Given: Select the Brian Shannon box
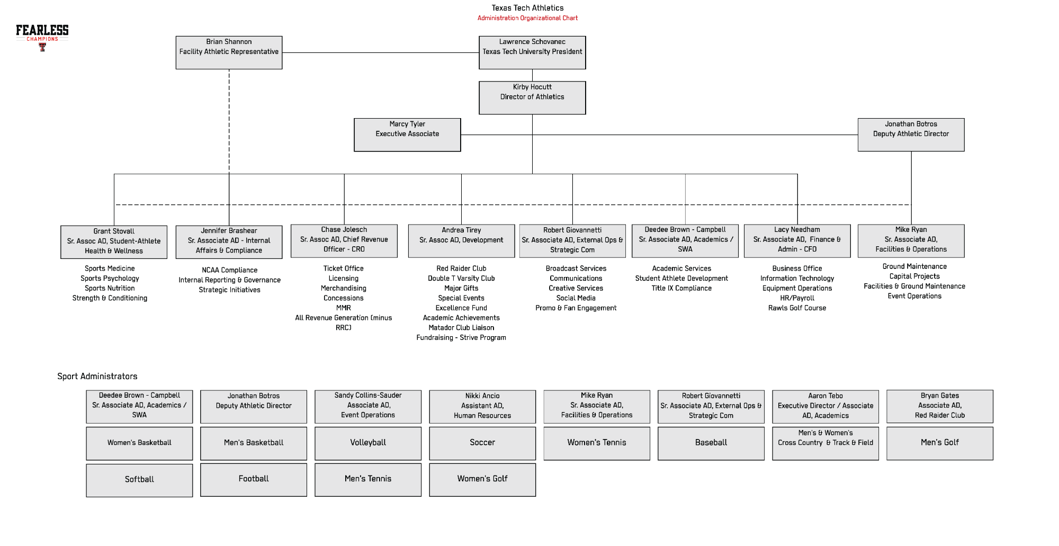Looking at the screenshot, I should coord(229,52).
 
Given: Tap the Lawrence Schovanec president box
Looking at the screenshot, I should coord(532,52).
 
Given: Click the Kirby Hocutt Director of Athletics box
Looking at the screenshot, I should coord(532,97).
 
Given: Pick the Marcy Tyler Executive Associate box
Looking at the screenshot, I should coord(407,135).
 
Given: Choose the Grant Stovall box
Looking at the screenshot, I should coord(114,241).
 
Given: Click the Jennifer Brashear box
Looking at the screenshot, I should coord(229,241).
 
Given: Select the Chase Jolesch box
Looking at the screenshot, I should coord(344,240).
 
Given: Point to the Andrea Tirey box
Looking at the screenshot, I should coord(461,240).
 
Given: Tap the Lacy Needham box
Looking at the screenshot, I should coord(797,240).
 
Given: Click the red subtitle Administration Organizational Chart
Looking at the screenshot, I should coord(527,18).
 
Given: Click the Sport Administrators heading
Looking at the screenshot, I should coord(97,377).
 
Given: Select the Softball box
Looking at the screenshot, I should coord(139,480).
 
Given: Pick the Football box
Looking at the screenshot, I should coord(254,479).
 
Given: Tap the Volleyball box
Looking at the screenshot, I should coord(368,443).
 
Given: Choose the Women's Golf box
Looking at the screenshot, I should coord(482,479).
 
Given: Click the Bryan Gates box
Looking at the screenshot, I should coord(940,406).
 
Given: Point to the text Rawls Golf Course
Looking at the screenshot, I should coord(797,308).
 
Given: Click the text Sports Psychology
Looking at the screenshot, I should coord(110,279).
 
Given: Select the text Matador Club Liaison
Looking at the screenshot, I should coord(461,328).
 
